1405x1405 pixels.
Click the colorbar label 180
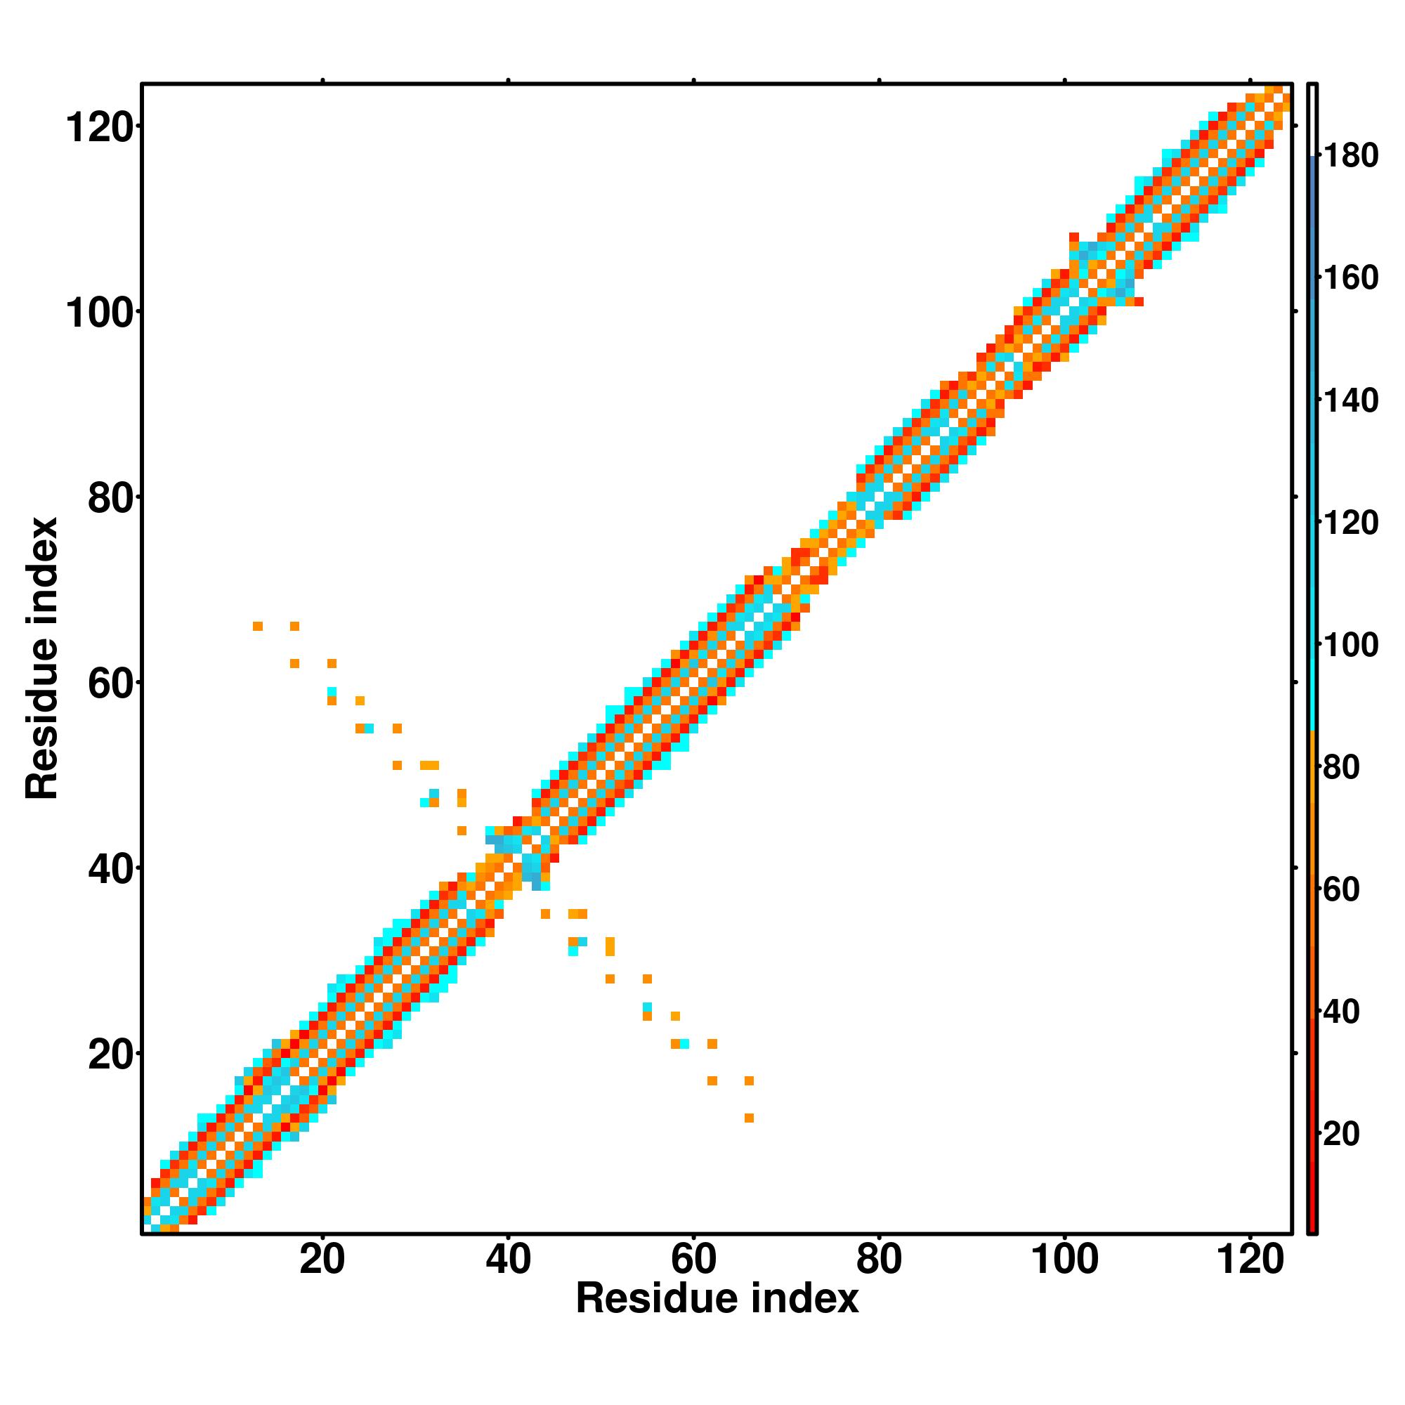pos(1350,156)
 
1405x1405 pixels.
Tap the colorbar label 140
pos(1350,400)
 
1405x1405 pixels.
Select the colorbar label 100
pos(1350,645)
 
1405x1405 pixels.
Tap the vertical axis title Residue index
pos(42,659)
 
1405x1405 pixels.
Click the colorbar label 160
pos(1350,277)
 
